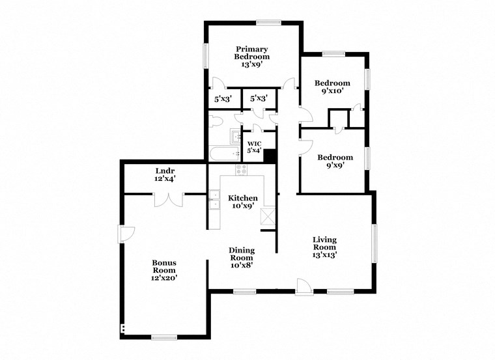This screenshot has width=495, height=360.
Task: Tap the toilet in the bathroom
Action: (x=216, y=120)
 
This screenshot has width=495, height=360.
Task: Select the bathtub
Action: (x=224, y=154)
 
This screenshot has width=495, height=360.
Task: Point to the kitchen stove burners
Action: (x=242, y=171)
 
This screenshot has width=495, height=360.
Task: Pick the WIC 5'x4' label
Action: (x=254, y=147)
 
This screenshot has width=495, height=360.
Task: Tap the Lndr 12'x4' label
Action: (x=164, y=174)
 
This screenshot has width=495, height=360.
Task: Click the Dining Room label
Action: (x=241, y=257)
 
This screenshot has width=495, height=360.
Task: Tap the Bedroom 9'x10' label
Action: (x=332, y=87)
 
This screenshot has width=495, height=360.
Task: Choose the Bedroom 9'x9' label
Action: (x=335, y=161)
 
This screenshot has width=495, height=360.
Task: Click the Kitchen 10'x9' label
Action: (x=242, y=202)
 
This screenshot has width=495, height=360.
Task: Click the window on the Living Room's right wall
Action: (x=374, y=243)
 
